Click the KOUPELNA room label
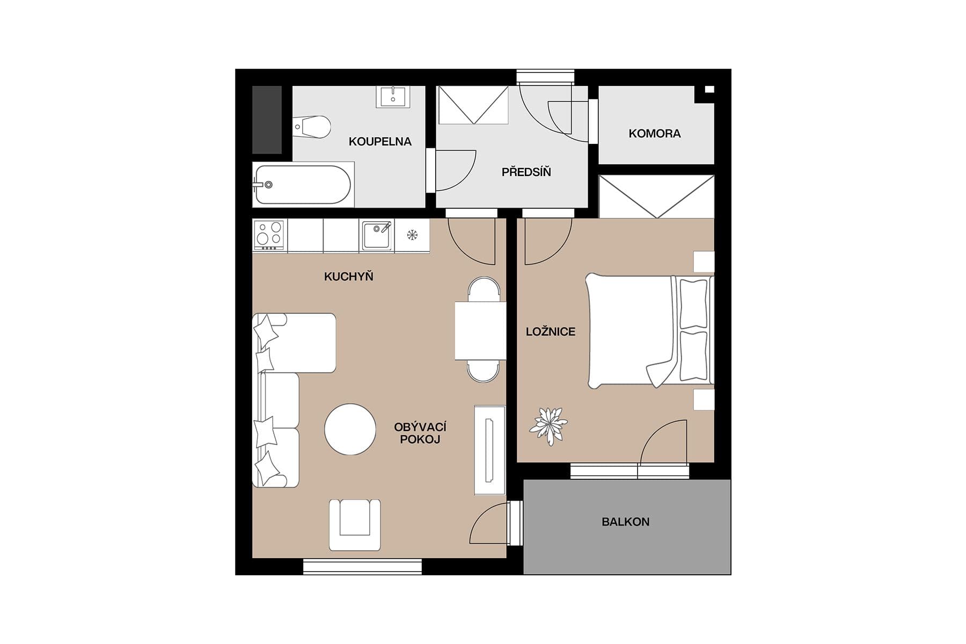tap(380, 142)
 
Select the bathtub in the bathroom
tap(303, 185)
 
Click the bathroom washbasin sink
tap(393, 97)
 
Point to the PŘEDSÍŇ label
tap(526, 172)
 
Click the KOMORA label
tap(654, 134)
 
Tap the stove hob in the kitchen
tap(269, 235)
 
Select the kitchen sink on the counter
tap(377, 235)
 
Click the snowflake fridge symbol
tap(412, 235)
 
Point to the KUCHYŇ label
tap(348, 277)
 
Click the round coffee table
tap(350, 429)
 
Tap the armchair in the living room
tap(355, 524)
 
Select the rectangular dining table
tap(480, 331)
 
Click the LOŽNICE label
tap(550, 332)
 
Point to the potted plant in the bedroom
tap(548, 426)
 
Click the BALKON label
tap(625, 522)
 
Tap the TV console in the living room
tap(489, 450)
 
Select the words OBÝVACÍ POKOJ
tap(420, 433)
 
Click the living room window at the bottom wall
tap(362, 567)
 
